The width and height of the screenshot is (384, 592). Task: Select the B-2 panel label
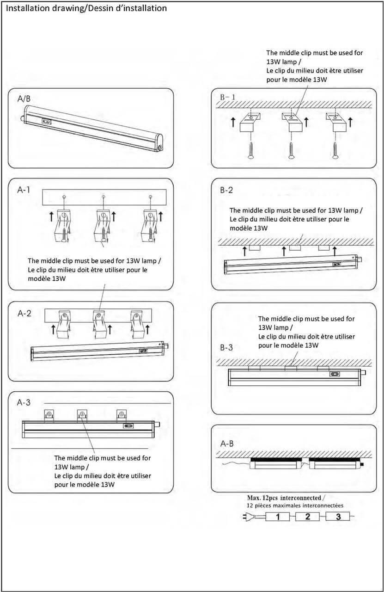coord(227,190)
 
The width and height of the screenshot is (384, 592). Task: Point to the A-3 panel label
coord(24,402)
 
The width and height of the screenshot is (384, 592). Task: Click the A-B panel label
coord(227,444)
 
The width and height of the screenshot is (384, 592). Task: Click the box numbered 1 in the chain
coord(278,517)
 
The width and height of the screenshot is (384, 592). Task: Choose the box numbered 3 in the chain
coord(338,517)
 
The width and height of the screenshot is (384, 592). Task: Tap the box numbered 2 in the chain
coord(308,517)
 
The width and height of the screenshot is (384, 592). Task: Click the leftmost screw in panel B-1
coord(250,151)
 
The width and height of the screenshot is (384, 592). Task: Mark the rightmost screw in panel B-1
coord(335,151)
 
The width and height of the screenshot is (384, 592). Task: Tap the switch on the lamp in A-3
coord(128,427)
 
